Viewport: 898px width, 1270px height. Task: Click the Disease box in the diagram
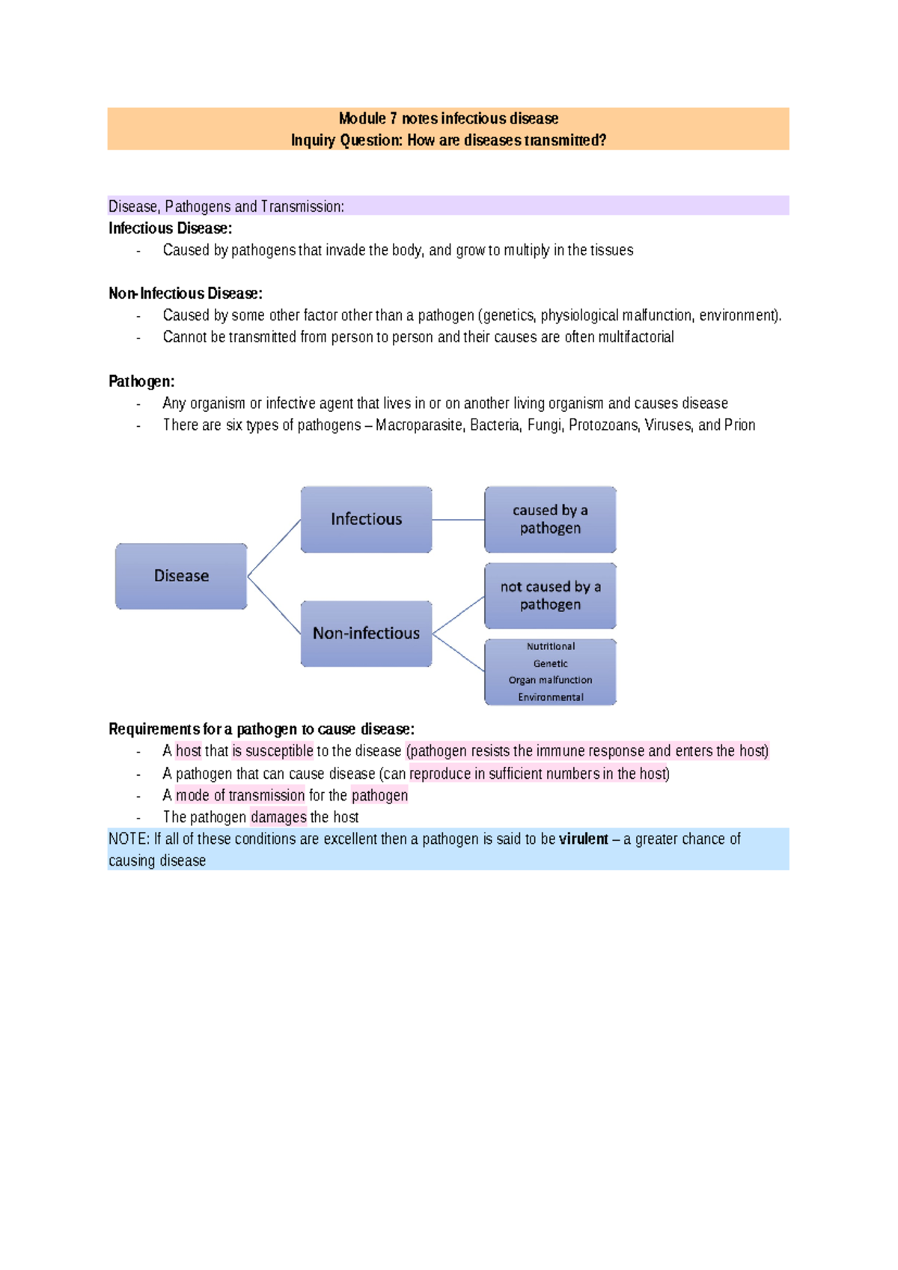click(181, 576)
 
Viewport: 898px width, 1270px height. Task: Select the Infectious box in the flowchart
click(366, 519)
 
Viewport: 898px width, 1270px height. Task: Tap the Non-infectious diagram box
click(366, 634)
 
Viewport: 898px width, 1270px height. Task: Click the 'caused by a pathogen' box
click(550, 519)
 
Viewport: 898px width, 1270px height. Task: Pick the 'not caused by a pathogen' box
click(550, 595)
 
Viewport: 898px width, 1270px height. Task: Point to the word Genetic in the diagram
click(550, 663)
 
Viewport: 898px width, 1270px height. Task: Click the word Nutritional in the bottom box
click(550, 646)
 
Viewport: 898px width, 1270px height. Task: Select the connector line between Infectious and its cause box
click(458, 520)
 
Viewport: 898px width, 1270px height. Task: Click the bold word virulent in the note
click(583, 839)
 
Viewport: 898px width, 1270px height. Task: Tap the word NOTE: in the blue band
click(129, 839)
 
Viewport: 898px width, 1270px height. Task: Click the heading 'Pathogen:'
click(141, 381)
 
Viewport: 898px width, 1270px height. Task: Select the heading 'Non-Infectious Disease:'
click(185, 294)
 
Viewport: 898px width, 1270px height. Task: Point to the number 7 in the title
click(393, 118)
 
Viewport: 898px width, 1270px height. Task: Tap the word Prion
click(739, 425)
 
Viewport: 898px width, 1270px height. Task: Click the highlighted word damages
click(278, 817)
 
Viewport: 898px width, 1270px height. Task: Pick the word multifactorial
click(636, 337)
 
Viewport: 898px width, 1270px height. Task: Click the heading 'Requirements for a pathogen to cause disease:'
click(261, 729)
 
